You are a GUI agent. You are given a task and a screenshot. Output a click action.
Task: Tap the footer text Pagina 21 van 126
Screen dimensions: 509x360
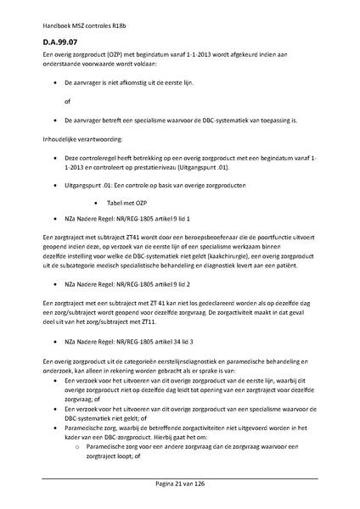click(x=179, y=482)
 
